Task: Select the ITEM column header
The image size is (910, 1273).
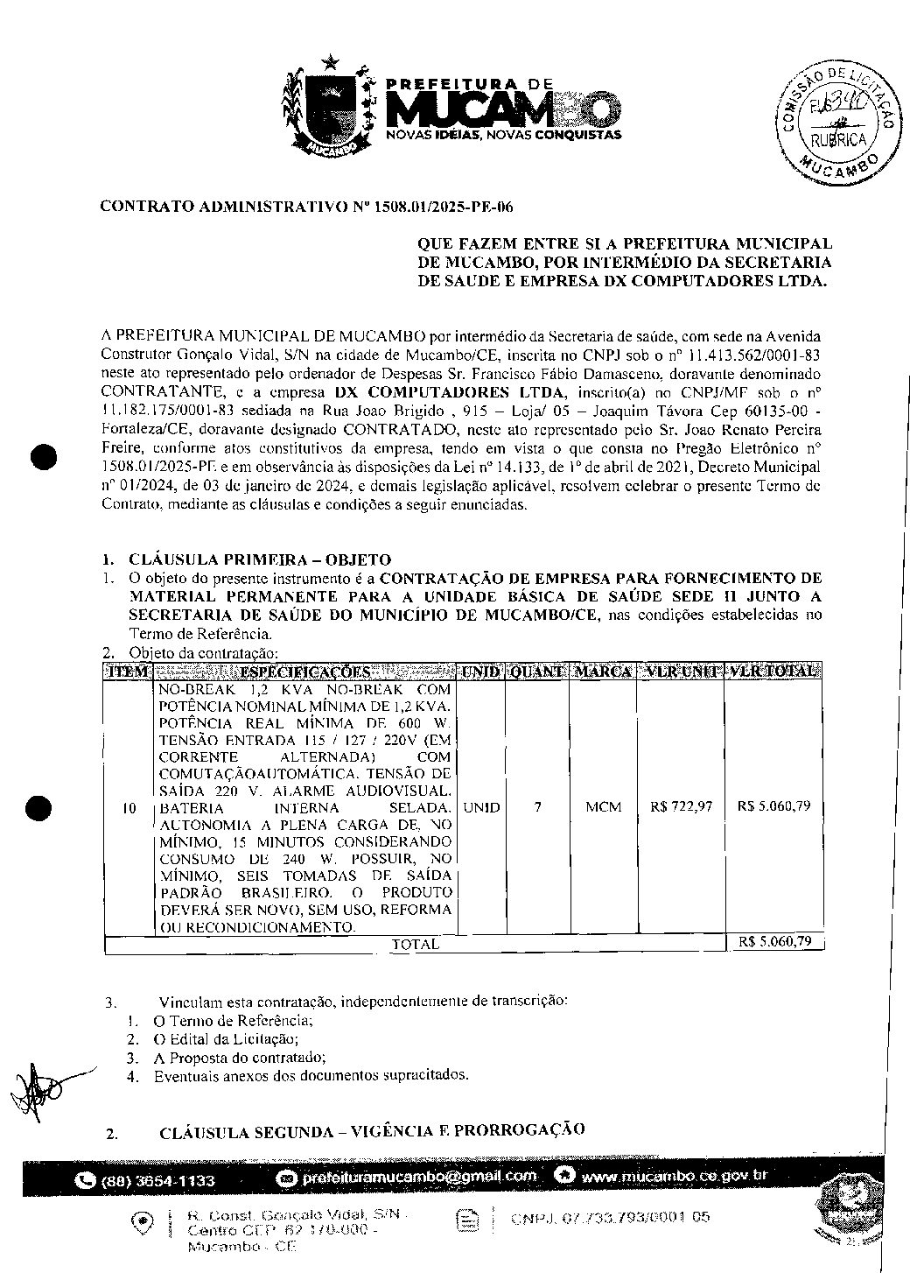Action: (x=128, y=672)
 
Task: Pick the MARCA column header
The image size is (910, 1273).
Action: (x=603, y=672)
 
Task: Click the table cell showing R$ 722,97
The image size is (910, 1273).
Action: (x=681, y=807)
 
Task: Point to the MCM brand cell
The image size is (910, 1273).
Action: (x=603, y=807)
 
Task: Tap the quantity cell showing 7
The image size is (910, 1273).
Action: (x=537, y=807)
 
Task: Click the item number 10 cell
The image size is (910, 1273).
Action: (x=129, y=809)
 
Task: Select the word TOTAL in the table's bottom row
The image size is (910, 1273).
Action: (x=416, y=945)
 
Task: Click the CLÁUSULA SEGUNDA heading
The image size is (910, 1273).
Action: (x=373, y=1131)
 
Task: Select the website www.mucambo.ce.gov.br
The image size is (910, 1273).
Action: (x=673, y=1176)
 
